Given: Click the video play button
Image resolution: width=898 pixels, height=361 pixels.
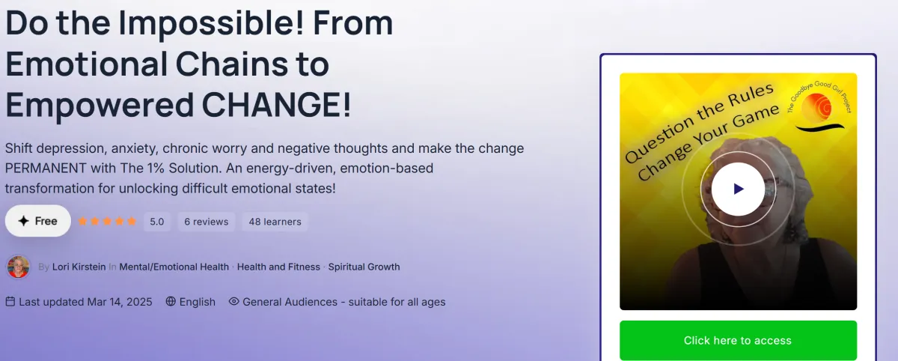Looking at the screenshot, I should coord(738,189).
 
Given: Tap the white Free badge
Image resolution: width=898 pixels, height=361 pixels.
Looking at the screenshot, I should coord(38,221).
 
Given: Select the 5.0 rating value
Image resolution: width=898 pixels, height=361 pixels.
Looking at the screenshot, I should coord(157,222).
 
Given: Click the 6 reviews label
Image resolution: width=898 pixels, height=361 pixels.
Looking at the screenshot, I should coord(206,222).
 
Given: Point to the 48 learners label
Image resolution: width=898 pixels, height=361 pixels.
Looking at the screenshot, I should coord(275,222).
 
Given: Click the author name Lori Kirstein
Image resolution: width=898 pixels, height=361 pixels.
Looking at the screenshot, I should coord(79,267).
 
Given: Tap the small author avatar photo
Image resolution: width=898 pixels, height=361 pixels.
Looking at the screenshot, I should coord(18,267).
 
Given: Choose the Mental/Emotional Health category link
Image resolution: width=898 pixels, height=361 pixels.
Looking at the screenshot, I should coord(174,267).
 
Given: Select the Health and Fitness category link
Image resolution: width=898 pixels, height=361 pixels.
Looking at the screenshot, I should coord(278,267).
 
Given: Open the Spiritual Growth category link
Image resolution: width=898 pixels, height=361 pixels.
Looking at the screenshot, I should coord(364,267).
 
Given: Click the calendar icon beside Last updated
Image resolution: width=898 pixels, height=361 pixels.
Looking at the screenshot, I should coord(10,302).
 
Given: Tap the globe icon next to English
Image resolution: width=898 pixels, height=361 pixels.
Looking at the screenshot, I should coord(171,302).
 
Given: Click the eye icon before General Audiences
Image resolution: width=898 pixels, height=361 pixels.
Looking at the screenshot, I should coord(233,302).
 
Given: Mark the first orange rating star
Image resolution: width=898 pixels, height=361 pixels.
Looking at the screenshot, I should coord(82,222).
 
